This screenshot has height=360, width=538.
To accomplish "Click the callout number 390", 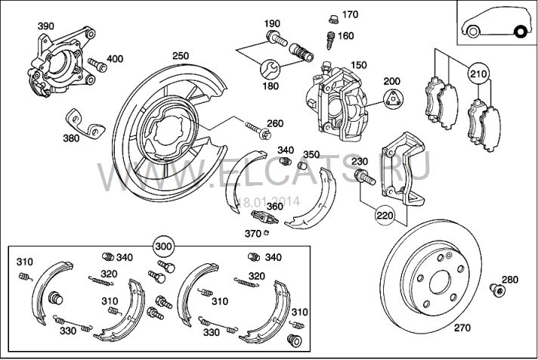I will pyautogui.click(x=46, y=26).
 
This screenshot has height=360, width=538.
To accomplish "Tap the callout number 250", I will pyautogui.click(x=181, y=56).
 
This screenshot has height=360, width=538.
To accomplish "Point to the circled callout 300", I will pyautogui.click(x=163, y=247).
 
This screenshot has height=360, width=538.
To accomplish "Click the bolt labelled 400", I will pyautogui.click(x=95, y=63).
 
